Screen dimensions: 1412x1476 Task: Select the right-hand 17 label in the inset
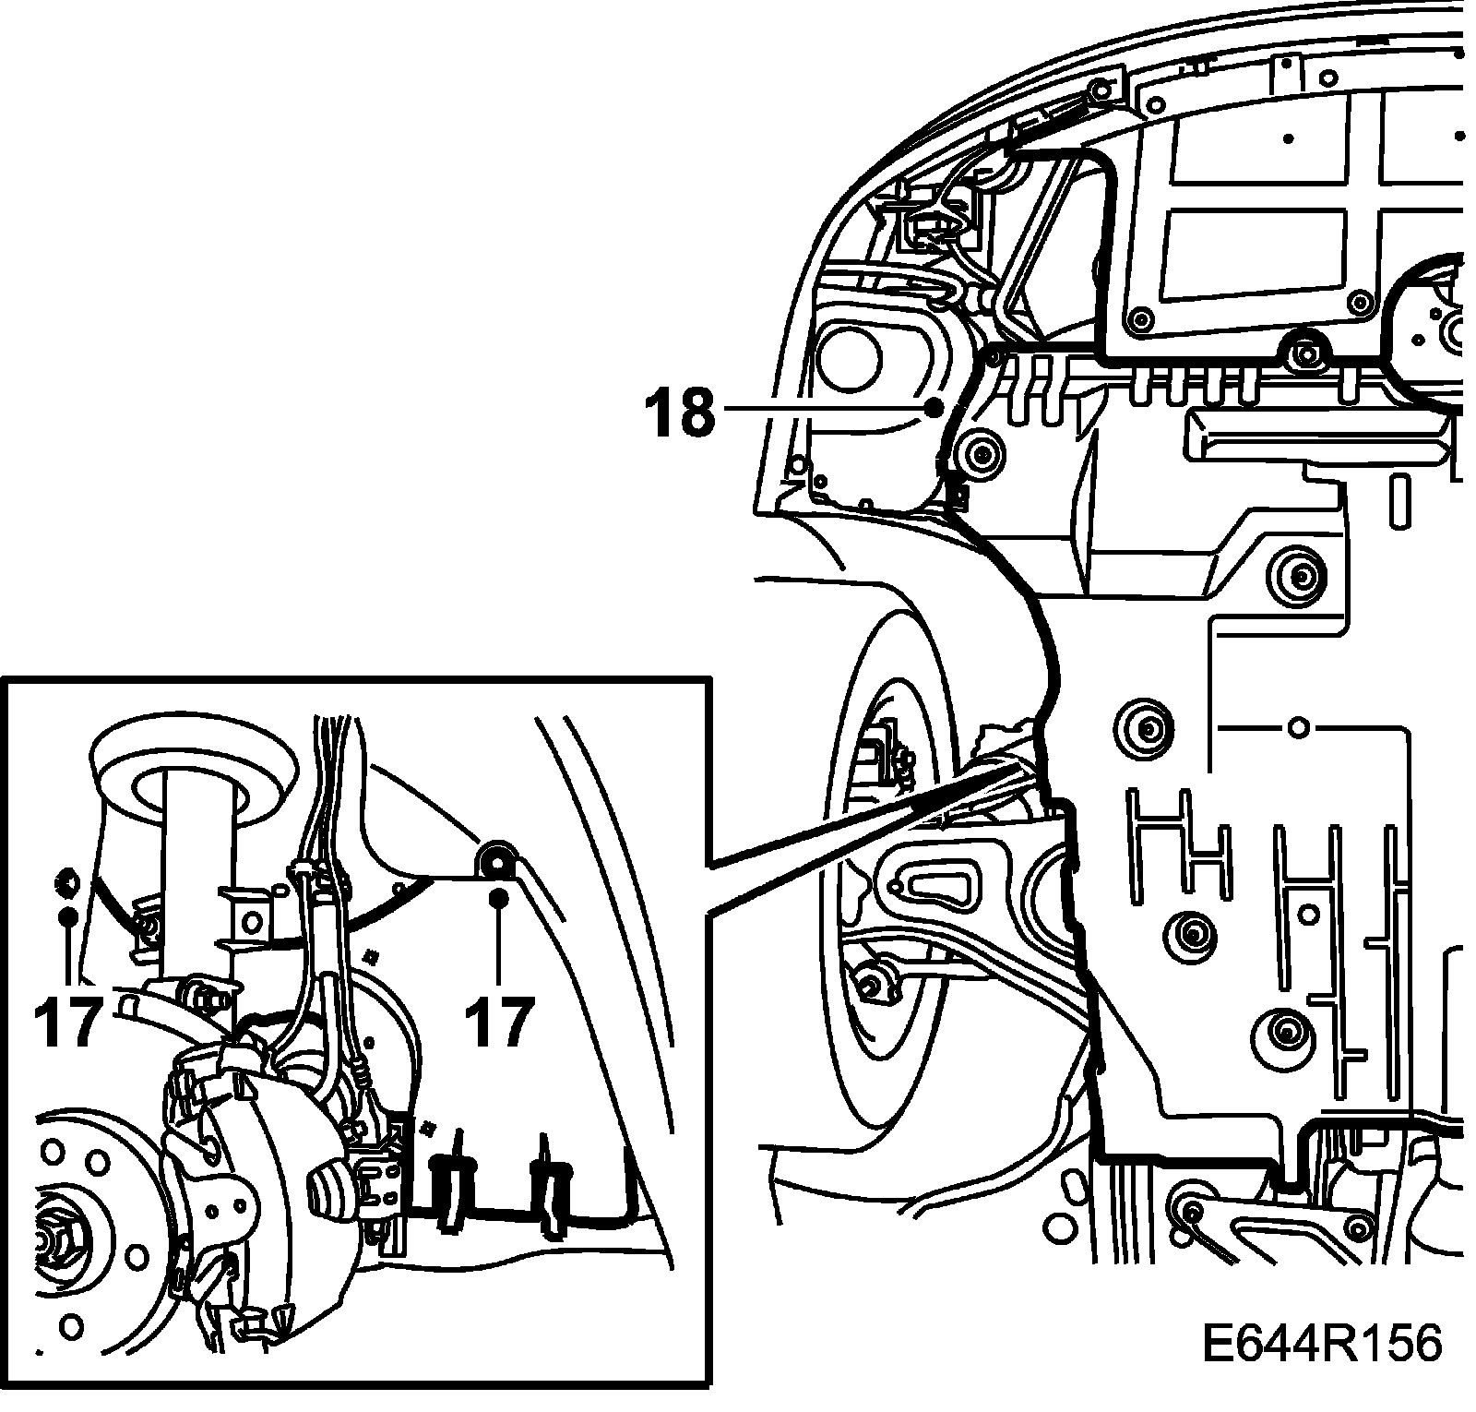coord(499,1021)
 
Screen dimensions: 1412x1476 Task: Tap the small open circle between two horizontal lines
coord(1298,727)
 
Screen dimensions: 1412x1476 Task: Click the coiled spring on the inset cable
coord(365,1074)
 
